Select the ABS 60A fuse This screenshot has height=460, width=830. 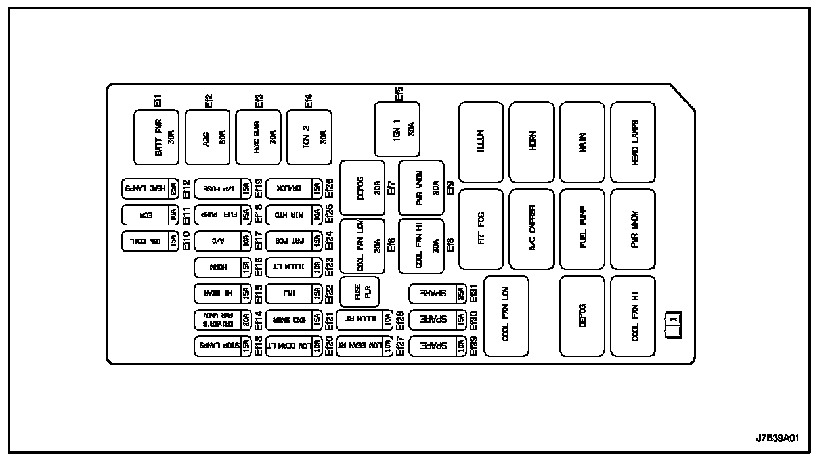point(207,137)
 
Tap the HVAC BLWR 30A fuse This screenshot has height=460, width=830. point(258,137)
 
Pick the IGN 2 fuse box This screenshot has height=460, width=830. point(309,137)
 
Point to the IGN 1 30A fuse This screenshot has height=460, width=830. point(397,129)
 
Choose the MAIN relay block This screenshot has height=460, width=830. point(582,142)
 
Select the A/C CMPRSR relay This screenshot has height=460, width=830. point(531,229)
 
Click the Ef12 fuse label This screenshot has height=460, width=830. point(186,189)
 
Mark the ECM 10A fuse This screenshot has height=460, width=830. point(150,216)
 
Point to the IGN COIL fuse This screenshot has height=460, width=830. point(150,241)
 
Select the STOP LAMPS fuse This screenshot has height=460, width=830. point(223,346)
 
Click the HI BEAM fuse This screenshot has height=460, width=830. point(223,294)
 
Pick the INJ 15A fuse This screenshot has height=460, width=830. point(294,294)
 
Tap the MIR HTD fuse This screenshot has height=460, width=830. point(294,216)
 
